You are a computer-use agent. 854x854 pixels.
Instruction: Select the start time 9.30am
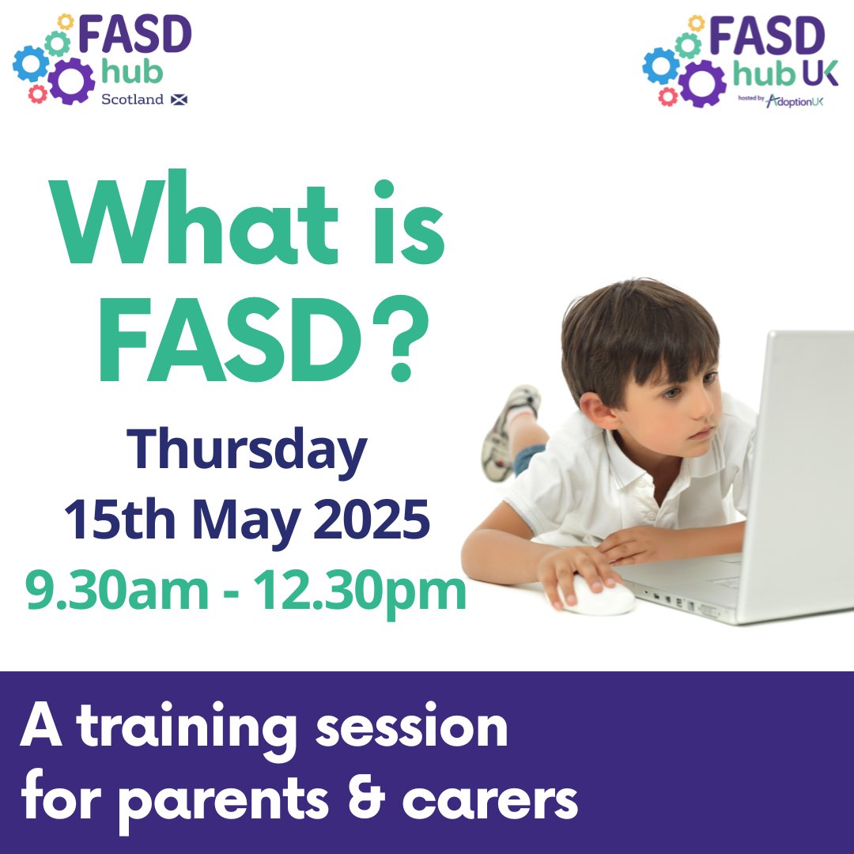pos(106,592)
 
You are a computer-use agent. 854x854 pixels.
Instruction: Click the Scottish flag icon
pos(179,100)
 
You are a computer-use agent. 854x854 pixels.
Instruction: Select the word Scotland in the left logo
pos(132,100)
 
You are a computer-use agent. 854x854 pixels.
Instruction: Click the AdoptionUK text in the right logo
pos(795,100)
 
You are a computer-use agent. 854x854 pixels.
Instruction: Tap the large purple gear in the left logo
pos(72,81)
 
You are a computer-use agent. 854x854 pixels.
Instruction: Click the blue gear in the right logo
pos(660,66)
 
